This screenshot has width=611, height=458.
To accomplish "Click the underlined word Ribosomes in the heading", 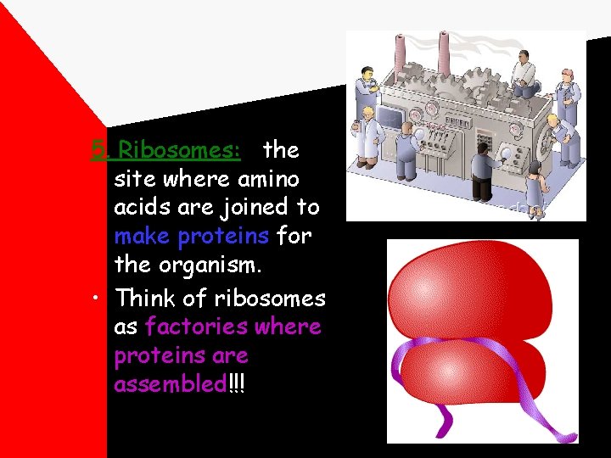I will (179, 151).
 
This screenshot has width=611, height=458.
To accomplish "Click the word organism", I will (214, 265).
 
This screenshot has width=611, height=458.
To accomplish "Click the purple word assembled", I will (170, 384).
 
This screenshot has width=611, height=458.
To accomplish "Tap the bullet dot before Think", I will (100, 299).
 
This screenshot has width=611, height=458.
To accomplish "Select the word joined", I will (247, 208).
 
